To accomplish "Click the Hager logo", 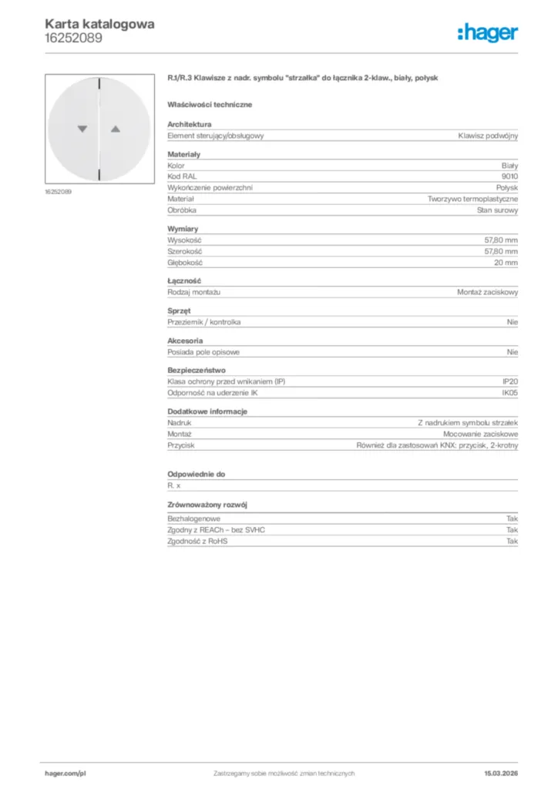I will [x=487, y=32].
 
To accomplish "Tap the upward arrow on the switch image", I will [x=116, y=129].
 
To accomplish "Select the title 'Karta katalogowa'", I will [x=99, y=24].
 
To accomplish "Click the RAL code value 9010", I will [x=509, y=176].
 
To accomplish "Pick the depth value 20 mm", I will [x=506, y=263].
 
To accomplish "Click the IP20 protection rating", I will [x=510, y=381].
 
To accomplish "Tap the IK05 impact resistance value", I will [x=509, y=393].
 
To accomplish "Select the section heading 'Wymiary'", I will [x=183, y=230].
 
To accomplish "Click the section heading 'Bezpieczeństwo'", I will [x=197, y=370].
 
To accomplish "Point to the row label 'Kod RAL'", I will [x=181, y=176].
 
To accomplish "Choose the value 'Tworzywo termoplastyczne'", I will [x=473, y=199].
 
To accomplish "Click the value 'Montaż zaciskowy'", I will [x=488, y=292].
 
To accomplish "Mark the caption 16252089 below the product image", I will [x=58, y=191].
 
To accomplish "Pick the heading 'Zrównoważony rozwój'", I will [x=207, y=505].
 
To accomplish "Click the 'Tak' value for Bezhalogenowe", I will [x=512, y=519].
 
